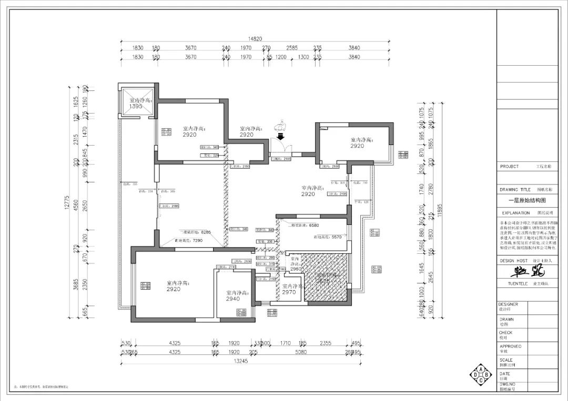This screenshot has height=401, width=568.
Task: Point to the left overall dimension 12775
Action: (x=67, y=202)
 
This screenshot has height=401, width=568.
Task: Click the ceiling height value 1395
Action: (x=136, y=107)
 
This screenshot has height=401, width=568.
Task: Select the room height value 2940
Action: (x=232, y=299)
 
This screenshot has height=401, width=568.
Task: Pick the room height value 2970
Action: (x=289, y=292)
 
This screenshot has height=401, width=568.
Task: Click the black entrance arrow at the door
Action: (x=280, y=135)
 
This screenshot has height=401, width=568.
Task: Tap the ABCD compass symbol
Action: (x=480, y=374)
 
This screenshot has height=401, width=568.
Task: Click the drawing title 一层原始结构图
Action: (x=526, y=200)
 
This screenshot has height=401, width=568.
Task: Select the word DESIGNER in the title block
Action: (x=509, y=304)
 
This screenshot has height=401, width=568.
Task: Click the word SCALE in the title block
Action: (x=505, y=360)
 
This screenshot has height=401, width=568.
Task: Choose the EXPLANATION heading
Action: (x=515, y=213)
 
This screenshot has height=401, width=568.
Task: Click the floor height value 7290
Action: (x=197, y=240)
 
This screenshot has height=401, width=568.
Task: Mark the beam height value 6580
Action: (x=313, y=225)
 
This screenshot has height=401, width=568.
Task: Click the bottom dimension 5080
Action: (x=301, y=352)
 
